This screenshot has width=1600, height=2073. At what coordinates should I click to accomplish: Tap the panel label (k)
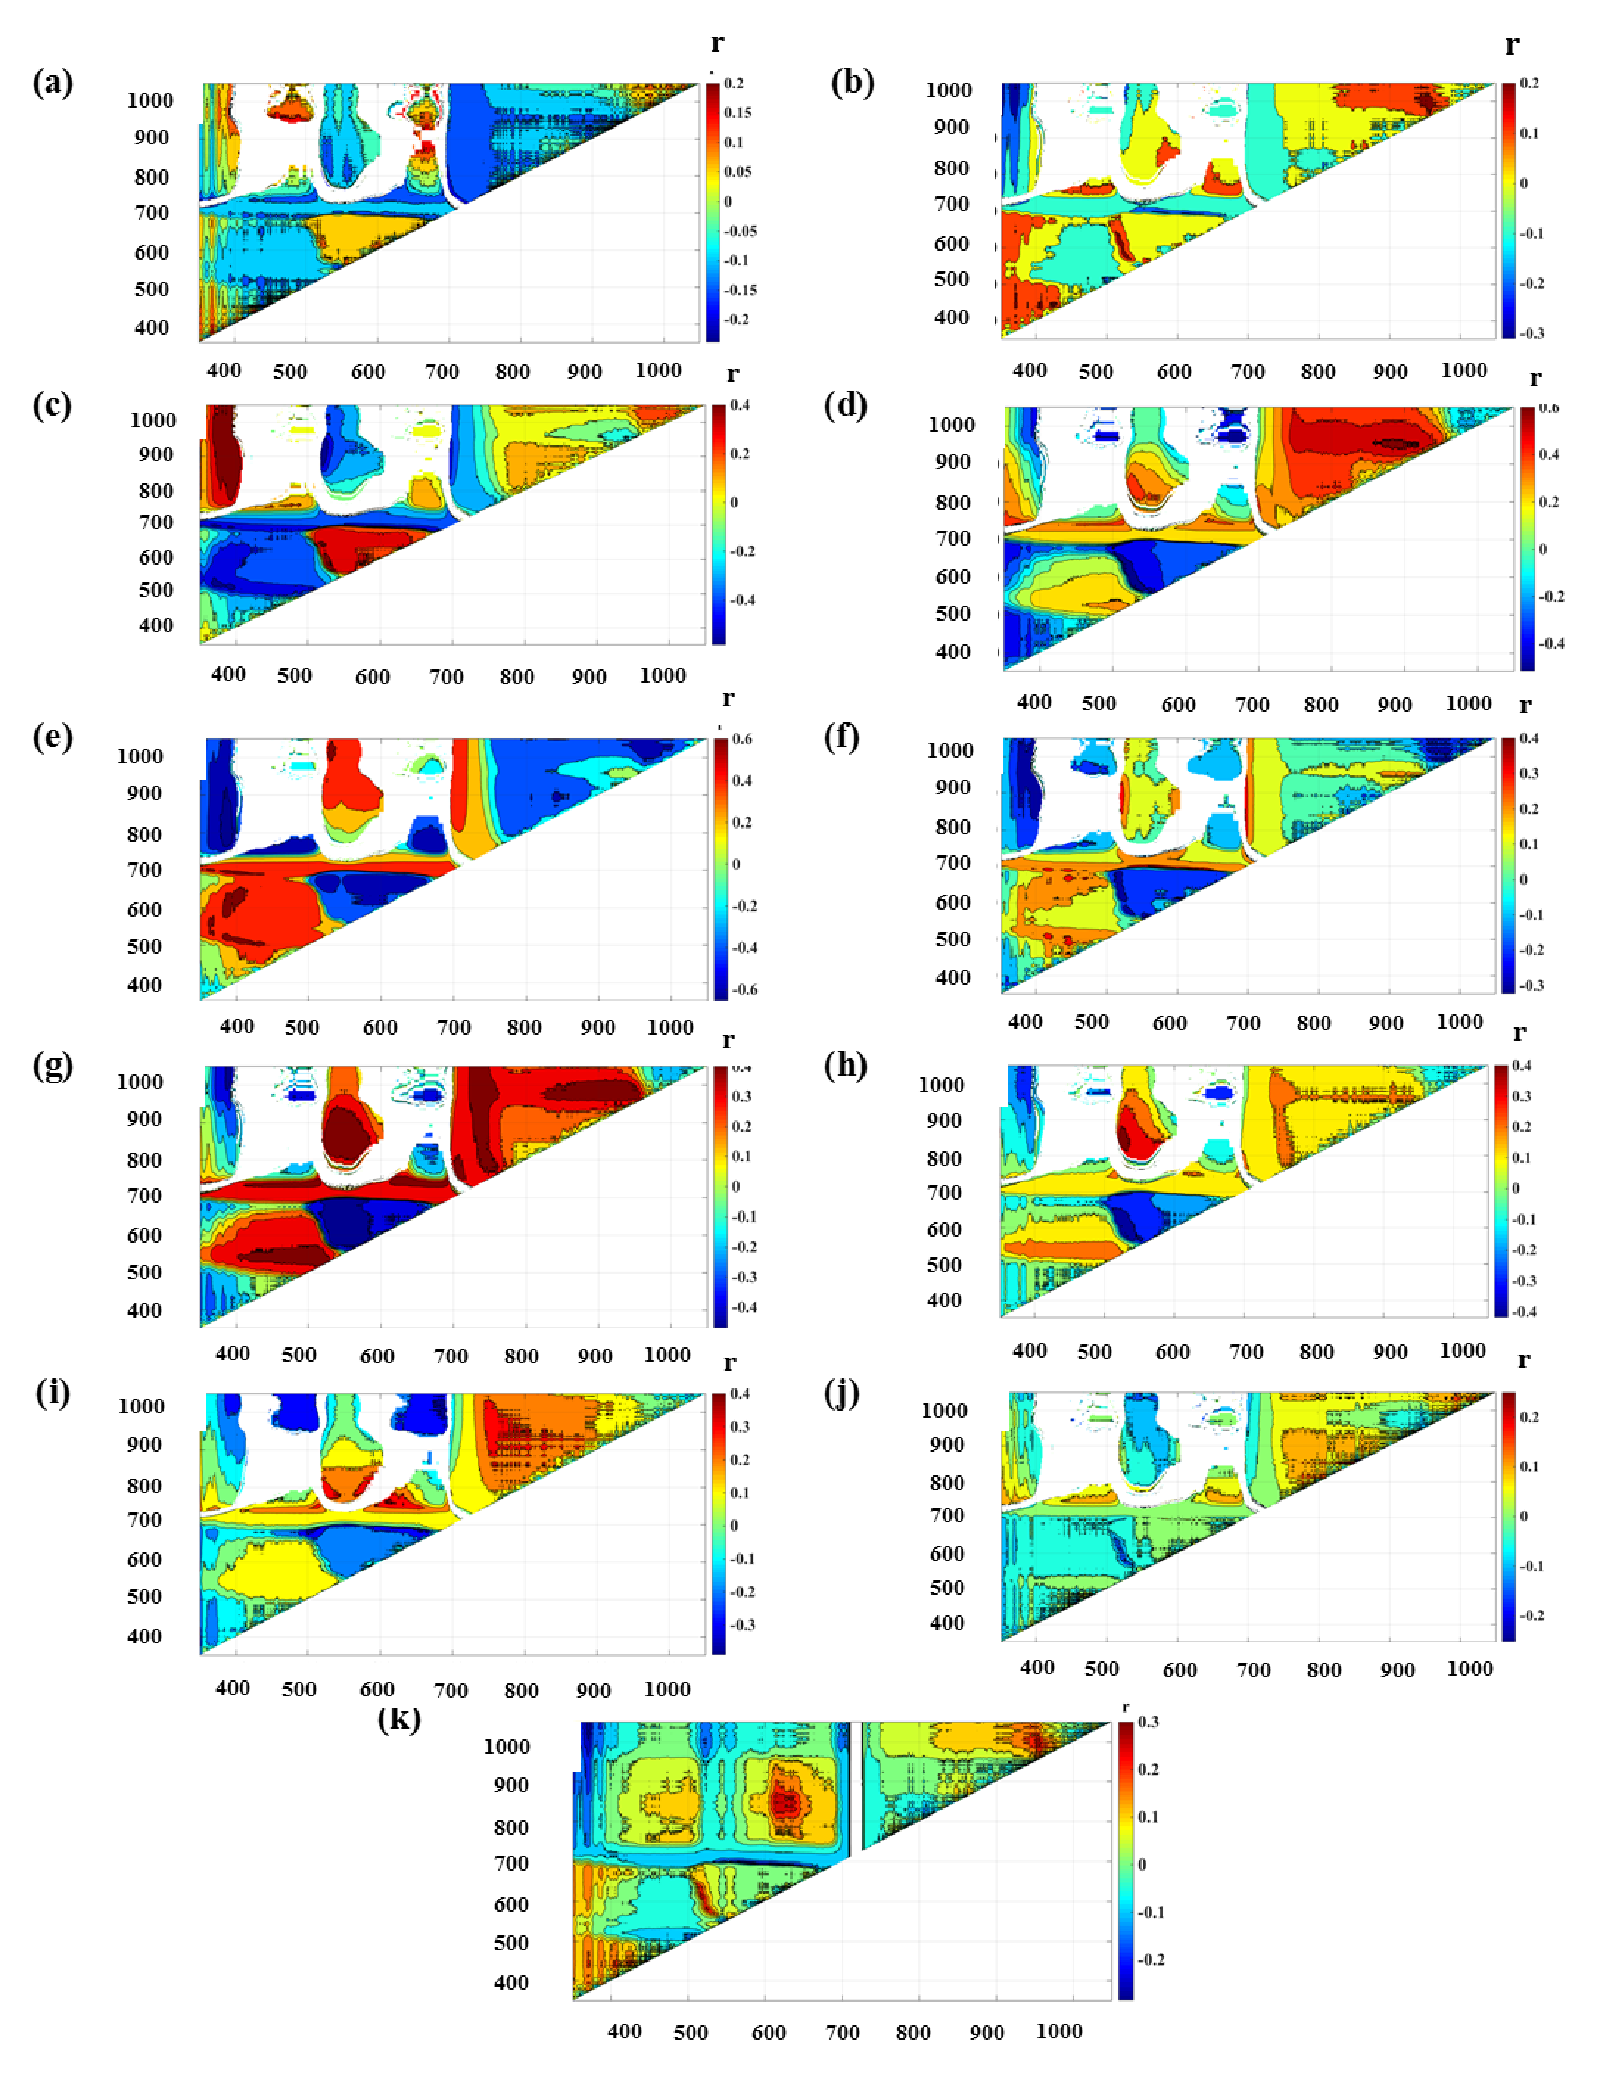pos(399,1719)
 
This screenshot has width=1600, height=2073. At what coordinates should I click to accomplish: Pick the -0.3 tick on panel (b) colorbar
pos(1532,333)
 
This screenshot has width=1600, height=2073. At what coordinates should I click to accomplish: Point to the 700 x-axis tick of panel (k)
pos(843,2032)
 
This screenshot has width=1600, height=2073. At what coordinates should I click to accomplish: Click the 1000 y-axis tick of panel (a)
pos(150,101)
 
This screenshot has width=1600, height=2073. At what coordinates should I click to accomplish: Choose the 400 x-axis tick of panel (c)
pos(229,674)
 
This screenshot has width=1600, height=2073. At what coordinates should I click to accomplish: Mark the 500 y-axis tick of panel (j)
pos(947,1587)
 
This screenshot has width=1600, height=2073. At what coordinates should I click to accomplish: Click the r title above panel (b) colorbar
pos(1512,45)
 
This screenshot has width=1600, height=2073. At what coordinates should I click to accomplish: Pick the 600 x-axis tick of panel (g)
pos(377,1355)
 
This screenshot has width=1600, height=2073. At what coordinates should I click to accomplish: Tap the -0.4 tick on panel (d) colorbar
pos(1551,644)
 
